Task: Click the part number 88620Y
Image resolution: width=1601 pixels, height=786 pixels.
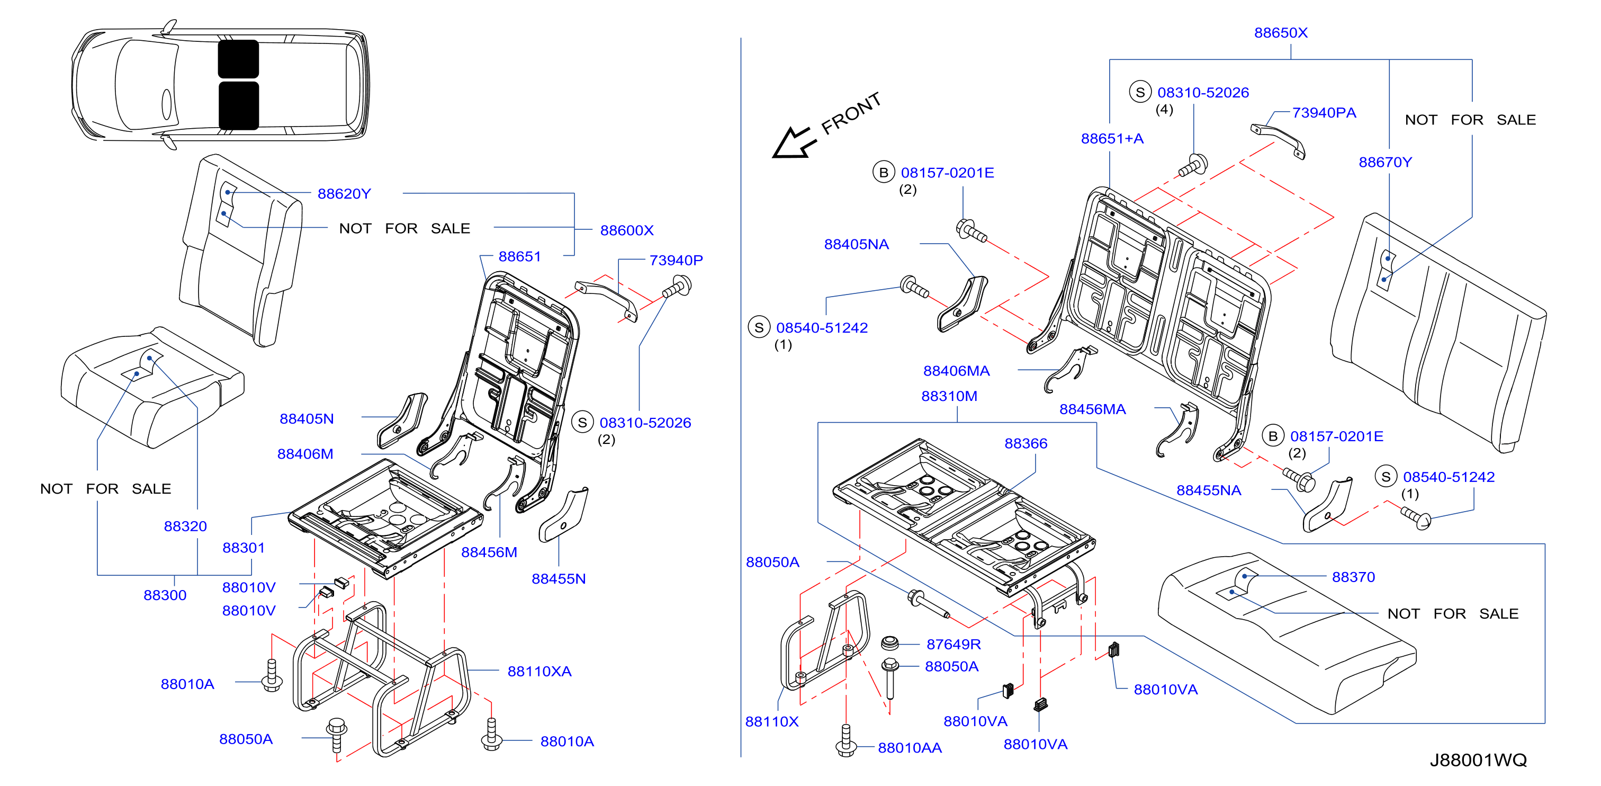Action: (x=344, y=194)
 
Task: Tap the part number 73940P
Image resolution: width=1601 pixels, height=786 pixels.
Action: (x=676, y=261)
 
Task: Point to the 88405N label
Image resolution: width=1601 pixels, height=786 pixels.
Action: (x=307, y=419)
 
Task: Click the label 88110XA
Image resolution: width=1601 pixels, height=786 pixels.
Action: (x=539, y=672)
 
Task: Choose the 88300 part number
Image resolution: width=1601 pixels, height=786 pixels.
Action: (x=165, y=596)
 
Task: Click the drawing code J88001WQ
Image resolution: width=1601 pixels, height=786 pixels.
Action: (x=1478, y=760)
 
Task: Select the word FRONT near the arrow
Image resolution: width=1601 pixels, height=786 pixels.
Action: (x=851, y=114)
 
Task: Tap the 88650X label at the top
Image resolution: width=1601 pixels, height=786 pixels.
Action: (x=1280, y=33)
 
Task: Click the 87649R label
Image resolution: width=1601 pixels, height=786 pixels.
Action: (x=954, y=645)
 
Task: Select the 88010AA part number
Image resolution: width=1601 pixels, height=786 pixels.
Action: (x=909, y=748)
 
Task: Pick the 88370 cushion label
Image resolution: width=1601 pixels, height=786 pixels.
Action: (x=1353, y=578)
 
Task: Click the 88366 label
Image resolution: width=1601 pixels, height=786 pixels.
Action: (x=1026, y=444)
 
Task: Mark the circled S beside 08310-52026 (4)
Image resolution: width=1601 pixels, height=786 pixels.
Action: (x=1140, y=93)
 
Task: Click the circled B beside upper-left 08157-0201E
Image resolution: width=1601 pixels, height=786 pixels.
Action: (x=883, y=173)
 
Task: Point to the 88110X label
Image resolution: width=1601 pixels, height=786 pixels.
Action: (x=771, y=722)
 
